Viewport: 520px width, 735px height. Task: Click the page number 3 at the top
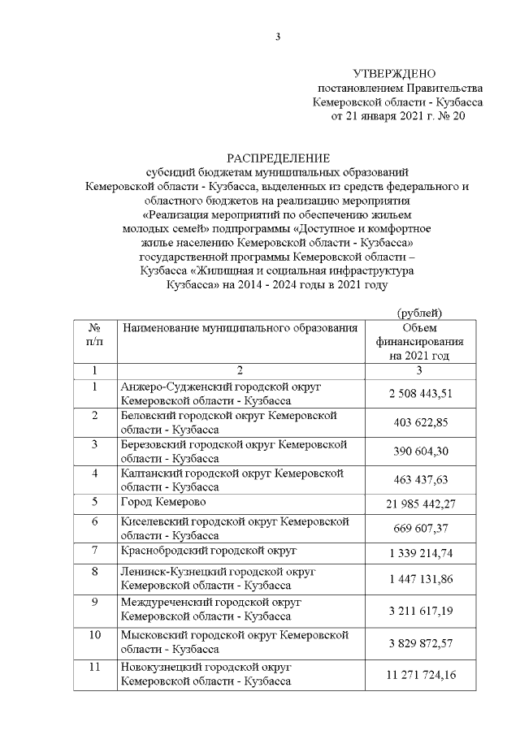(278, 37)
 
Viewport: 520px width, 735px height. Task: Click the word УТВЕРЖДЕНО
(398, 73)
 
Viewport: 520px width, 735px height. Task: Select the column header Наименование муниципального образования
(240, 328)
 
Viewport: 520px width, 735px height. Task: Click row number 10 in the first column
(95, 633)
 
